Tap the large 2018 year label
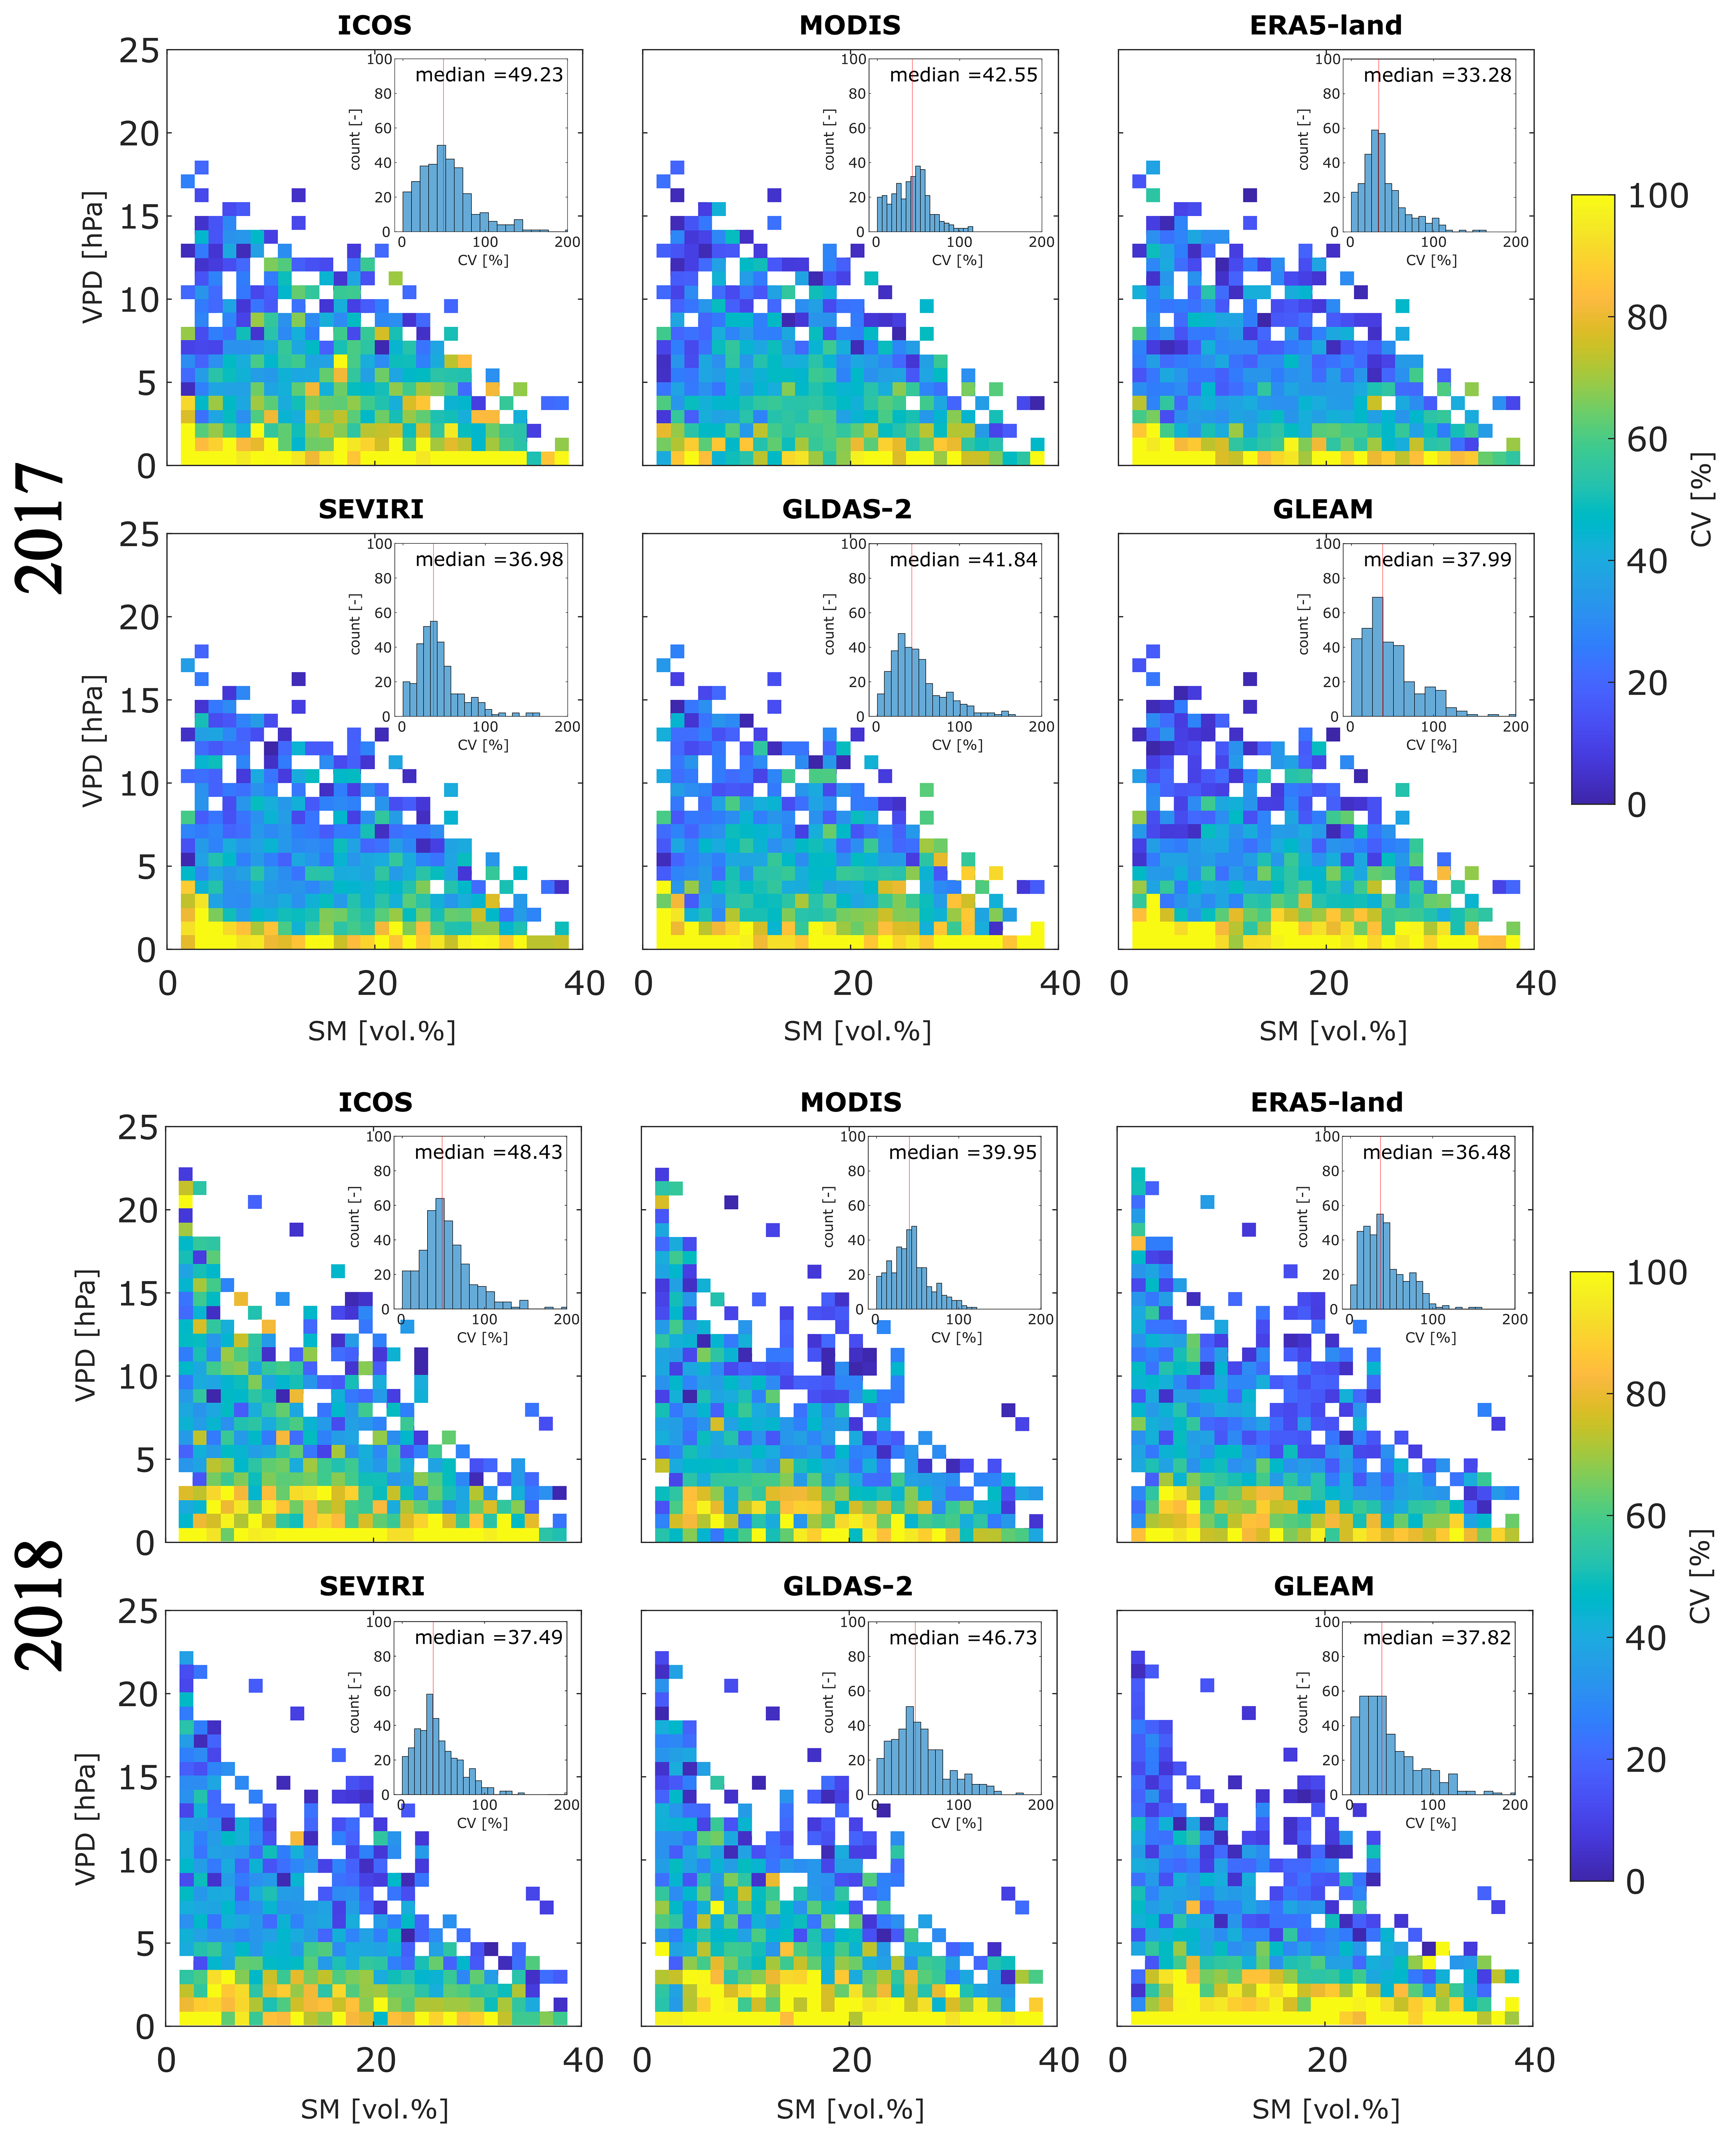pyautogui.click(x=40, y=1605)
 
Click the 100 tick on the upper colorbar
pyautogui.click(x=1657, y=196)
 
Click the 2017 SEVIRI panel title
pyautogui.click(x=371, y=509)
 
